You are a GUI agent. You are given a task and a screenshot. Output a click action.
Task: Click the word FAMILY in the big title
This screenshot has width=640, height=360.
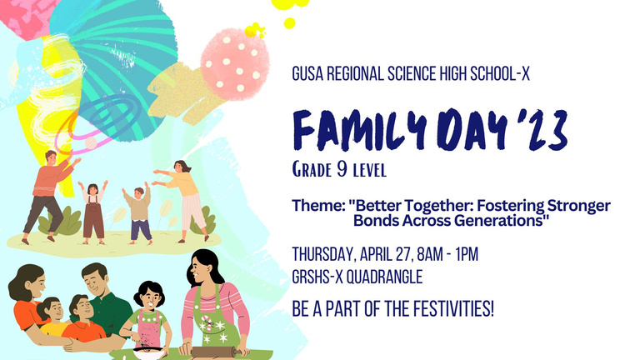coord(360,130)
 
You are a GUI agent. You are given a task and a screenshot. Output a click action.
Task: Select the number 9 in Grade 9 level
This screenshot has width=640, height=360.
coord(342,169)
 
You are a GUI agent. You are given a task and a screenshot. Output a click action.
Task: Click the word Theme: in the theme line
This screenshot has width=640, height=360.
coord(318,205)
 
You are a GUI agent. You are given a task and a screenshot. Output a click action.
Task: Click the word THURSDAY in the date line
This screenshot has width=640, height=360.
coord(324,255)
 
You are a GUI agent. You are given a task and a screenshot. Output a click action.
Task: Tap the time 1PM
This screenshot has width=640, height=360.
coord(467,254)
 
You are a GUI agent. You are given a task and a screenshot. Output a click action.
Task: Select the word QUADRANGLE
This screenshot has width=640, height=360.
coord(384,277)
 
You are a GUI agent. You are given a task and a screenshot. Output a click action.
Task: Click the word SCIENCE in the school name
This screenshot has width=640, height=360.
coord(412,74)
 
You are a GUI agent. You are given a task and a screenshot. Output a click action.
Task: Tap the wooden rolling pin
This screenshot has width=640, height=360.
coord(213,351)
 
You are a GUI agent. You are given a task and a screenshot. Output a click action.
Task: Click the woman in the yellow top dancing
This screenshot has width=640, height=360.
coord(182,200)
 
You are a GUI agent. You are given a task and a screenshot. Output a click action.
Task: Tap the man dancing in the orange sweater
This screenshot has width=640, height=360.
coord(48,196)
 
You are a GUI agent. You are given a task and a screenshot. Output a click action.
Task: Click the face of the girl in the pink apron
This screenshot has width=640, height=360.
coord(150,299)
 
